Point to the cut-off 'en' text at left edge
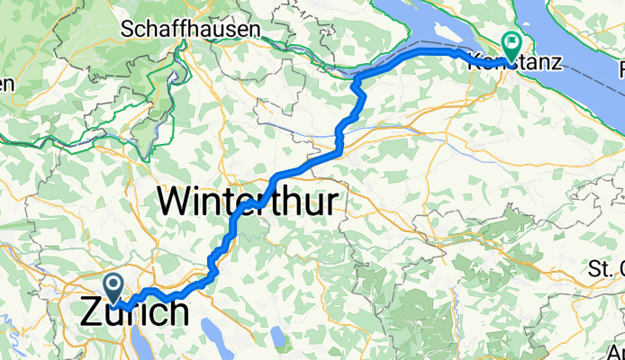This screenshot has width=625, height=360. click(7, 85)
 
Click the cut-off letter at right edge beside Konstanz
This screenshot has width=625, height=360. click(620, 68)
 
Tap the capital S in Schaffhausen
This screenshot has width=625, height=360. click(138, 29)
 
